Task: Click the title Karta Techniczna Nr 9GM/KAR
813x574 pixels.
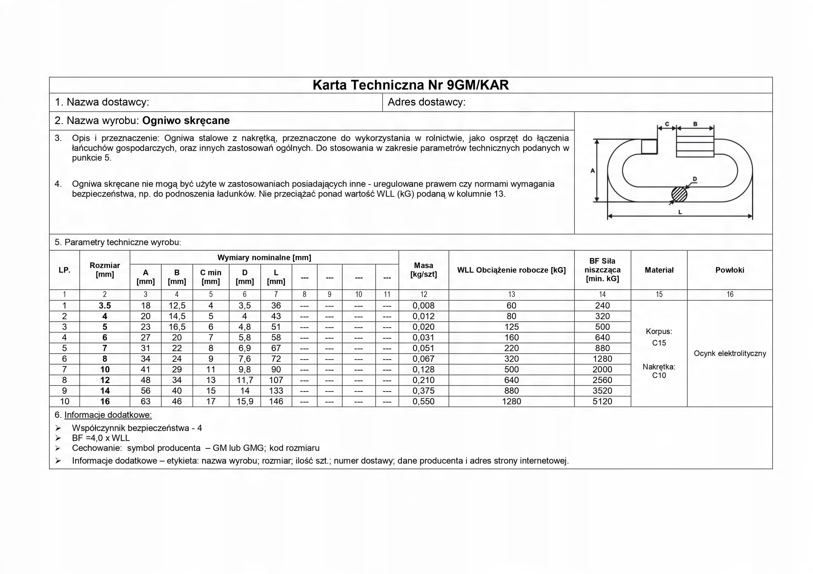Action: click(x=410, y=85)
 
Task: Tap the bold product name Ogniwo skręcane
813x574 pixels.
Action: click(x=186, y=121)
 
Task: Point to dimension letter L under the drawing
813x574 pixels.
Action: click(x=680, y=212)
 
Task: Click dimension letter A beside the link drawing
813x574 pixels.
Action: click(x=592, y=171)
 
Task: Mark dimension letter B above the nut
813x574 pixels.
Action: click(x=695, y=124)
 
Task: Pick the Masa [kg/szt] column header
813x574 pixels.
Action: click(x=424, y=270)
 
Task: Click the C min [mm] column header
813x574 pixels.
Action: click(x=211, y=277)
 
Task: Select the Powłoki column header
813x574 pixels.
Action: click(x=729, y=270)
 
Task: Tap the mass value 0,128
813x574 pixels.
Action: click(x=424, y=369)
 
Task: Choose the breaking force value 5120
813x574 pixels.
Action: click(x=602, y=401)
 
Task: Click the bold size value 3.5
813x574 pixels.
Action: click(x=105, y=306)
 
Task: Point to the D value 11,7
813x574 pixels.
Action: click(x=245, y=380)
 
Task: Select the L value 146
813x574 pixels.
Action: click(x=276, y=401)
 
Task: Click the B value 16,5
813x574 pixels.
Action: click(x=177, y=327)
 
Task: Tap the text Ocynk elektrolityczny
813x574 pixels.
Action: click(x=730, y=353)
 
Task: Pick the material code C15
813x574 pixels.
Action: click(x=659, y=343)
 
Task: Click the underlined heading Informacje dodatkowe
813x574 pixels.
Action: click(x=108, y=415)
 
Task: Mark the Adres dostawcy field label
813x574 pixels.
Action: click(x=426, y=102)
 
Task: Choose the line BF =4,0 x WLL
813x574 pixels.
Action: click(x=101, y=438)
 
